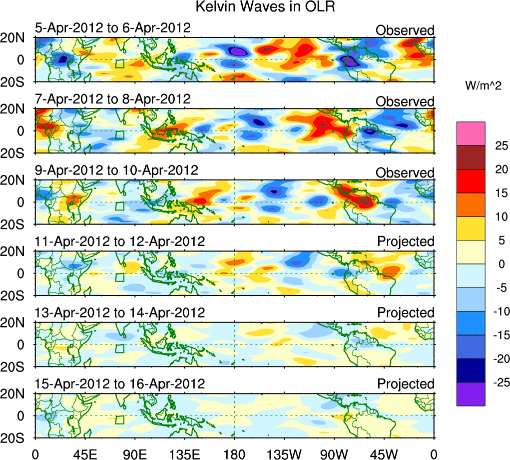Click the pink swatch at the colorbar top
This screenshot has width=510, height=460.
click(471, 133)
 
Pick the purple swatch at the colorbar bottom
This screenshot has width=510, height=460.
click(471, 394)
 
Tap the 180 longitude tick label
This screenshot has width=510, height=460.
click(235, 453)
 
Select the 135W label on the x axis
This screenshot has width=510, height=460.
click(285, 453)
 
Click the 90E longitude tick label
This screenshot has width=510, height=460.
click(135, 453)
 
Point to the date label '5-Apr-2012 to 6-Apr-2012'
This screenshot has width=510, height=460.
click(112, 27)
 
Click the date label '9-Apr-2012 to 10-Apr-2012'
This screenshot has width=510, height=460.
click(116, 170)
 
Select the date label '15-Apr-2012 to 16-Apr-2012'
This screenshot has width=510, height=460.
click(120, 384)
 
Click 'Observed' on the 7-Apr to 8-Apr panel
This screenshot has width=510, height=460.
click(405, 101)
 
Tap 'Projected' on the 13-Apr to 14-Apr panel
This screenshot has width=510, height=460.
click(406, 313)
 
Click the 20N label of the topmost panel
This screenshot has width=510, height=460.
click(16, 38)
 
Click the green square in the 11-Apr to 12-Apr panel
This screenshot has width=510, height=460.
click(119, 277)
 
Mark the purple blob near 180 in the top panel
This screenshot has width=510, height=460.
click(238, 51)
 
